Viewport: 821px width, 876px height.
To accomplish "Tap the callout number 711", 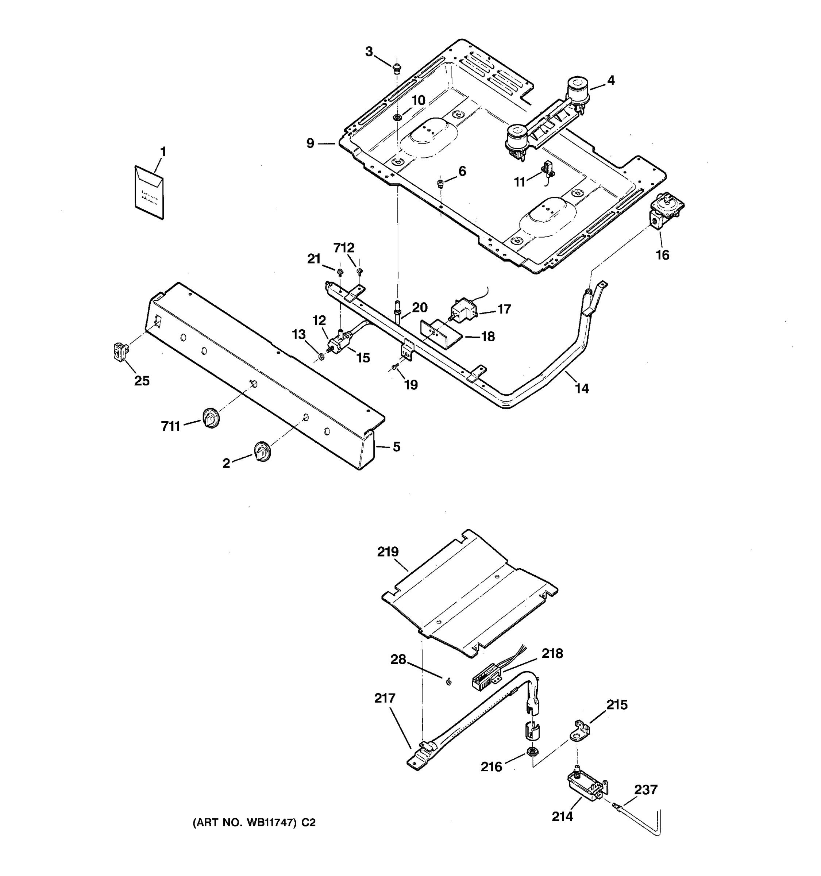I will (170, 426).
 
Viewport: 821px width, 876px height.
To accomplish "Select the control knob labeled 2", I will (262, 452).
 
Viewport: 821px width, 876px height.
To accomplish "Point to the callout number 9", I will (311, 143).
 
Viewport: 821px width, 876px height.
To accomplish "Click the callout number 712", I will (344, 248).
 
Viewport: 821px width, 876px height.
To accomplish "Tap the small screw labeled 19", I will (395, 366).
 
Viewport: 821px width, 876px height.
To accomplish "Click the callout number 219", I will (388, 552).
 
